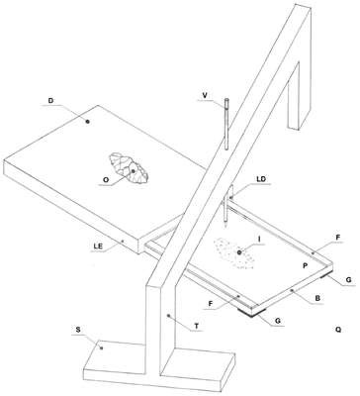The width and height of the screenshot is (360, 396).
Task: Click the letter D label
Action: point(50,101)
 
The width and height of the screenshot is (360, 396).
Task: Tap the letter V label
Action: point(205,95)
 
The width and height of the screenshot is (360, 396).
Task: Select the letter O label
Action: point(106,180)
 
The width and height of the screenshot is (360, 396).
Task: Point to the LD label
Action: point(261,179)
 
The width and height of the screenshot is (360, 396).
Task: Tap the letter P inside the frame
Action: point(305,266)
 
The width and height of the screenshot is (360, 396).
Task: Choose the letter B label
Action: point(317,298)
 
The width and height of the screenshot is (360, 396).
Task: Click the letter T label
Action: point(197,326)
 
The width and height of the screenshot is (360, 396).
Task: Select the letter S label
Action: point(78,330)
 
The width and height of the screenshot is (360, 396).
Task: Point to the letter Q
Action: point(337,330)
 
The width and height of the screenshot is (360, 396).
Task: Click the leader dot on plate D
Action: point(88,122)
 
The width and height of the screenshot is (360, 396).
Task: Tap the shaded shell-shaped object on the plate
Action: point(129,168)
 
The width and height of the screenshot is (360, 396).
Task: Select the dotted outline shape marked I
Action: point(234,253)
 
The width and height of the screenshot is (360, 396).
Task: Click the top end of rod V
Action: point(226,100)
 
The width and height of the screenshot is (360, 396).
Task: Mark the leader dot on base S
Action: point(102,347)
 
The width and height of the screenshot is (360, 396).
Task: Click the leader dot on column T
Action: point(168,316)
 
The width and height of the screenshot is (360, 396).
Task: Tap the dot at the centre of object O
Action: point(133,171)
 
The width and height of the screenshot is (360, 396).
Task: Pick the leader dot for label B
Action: point(292,290)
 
